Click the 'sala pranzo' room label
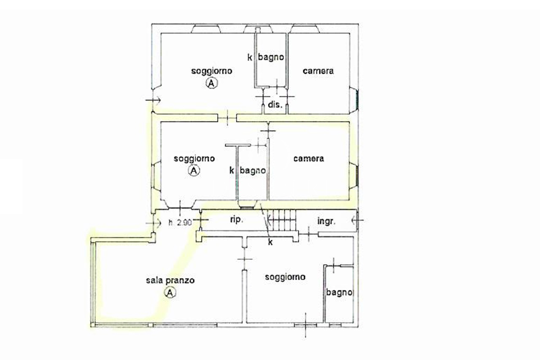(170, 281)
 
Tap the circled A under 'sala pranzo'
(170, 292)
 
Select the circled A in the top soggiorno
(211, 83)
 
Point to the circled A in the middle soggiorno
(194, 171)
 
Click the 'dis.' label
(275, 105)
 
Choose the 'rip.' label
(237, 220)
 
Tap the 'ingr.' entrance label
(327, 221)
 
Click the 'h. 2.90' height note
(180, 222)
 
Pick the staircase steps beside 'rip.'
(282, 220)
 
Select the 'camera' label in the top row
(318, 71)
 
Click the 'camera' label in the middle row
(309, 158)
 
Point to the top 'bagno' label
(271, 58)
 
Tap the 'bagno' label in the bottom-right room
(339, 292)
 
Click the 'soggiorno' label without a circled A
(285, 277)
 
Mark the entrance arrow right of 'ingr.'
(357, 220)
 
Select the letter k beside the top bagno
(250, 57)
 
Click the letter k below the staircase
(270, 242)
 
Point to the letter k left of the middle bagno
(232, 171)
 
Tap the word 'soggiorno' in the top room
(212, 71)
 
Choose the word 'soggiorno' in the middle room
(194, 159)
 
